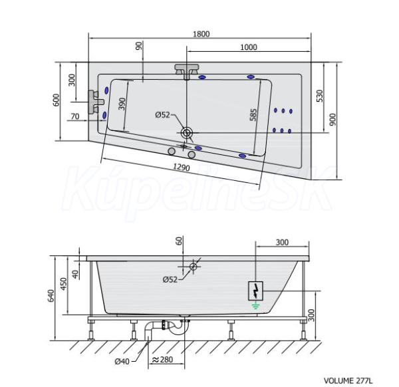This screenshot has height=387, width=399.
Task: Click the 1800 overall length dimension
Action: [201, 34]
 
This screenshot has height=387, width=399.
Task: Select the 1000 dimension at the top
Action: [248, 47]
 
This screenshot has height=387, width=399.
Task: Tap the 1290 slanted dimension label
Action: [182, 167]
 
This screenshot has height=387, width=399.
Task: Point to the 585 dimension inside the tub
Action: [253, 115]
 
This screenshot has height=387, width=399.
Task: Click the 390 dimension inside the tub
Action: [122, 104]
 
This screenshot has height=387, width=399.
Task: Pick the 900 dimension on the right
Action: [332, 120]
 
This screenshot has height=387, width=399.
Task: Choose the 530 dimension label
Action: [320, 96]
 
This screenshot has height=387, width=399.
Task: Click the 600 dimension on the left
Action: [56, 100]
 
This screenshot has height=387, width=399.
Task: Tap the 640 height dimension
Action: [51, 296]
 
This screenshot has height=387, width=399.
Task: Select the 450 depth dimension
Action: [63, 283]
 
